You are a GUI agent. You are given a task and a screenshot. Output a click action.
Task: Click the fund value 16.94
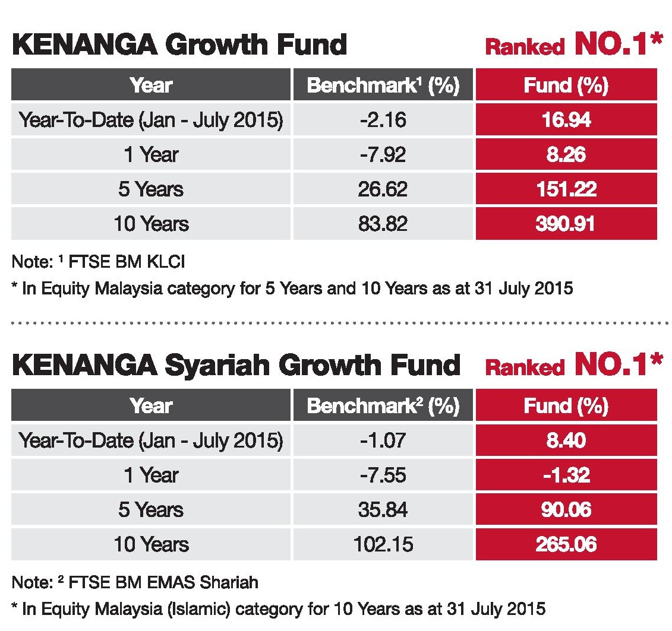click(x=566, y=121)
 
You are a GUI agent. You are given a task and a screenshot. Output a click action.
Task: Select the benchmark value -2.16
click(x=383, y=121)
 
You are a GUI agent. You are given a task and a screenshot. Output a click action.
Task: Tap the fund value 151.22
click(x=566, y=189)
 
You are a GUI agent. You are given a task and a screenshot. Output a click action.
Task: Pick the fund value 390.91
click(x=566, y=224)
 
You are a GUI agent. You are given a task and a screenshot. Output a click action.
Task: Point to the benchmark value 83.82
click(x=383, y=224)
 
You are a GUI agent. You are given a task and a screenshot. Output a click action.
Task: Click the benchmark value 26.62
click(x=383, y=189)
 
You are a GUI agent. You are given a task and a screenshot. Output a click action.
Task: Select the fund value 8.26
click(x=566, y=155)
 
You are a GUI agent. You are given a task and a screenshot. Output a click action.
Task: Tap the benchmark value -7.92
click(x=383, y=155)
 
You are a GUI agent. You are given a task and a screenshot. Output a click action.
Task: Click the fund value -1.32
click(x=566, y=475)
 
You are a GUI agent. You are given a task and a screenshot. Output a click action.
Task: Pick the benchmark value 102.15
click(x=383, y=544)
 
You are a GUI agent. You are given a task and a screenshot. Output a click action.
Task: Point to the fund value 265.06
click(x=566, y=544)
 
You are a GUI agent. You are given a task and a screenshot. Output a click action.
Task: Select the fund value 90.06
click(x=566, y=509)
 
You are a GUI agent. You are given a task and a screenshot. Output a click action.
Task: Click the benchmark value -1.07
click(x=383, y=440)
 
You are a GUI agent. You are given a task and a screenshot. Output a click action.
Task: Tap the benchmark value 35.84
click(x=383, y=509)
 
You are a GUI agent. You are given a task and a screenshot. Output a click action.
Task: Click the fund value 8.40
click(x=566, y=440)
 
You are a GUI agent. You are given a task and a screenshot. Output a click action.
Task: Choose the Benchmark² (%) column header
click(x=383, y=406)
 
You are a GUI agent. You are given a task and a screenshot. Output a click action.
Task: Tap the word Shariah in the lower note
click(x=230, y=582)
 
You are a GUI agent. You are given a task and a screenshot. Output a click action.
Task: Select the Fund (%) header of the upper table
click(x=566, y=86)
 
